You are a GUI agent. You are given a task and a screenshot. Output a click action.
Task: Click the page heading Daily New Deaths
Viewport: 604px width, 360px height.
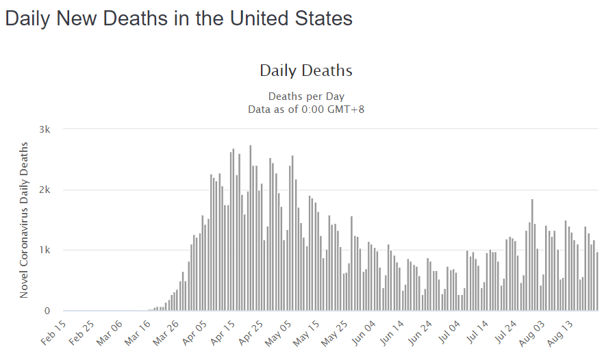[x=179, y=18]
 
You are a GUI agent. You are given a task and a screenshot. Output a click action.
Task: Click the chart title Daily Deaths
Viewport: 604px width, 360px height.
[x=305, y=70]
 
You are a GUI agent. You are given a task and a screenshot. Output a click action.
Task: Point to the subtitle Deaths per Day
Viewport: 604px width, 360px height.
[x=305, y=96]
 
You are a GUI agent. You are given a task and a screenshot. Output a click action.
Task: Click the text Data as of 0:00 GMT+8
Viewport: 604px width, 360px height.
[x=305, y=108]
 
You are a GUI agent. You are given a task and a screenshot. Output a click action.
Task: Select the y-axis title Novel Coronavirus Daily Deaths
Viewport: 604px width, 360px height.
[x=24, y=220]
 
